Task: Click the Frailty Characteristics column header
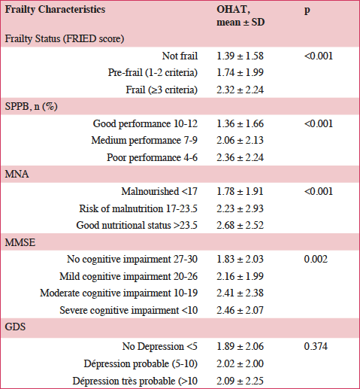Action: [x=55, y=10]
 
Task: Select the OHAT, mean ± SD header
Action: [x=241, y=16]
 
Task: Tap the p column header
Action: [x=307, y=11]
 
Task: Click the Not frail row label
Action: [x=180, y=56]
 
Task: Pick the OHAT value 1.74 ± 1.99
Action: [x=240, y=72]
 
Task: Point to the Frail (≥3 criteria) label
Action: [x=162, y=90]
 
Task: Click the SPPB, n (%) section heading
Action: [x=31, y=106]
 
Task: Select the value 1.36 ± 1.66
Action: [x=240, y=123]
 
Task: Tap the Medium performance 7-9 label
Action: [x=144, y=140]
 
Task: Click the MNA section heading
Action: [x=17, y=174]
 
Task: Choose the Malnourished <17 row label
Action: [x=159, y=191]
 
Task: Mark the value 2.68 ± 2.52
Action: [x=240, y=225]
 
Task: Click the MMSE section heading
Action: [x=20, y=242]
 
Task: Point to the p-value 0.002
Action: [x=316, y=259]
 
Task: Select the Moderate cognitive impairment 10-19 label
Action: [x=119, y=293]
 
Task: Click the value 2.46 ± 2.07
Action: [x=240, y=310]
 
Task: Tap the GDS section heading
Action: [x=15, y=327]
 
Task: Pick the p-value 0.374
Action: [x=316, y=346]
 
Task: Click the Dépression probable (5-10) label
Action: [x=141, y=363]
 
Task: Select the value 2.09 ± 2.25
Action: [x=240, y=381]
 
